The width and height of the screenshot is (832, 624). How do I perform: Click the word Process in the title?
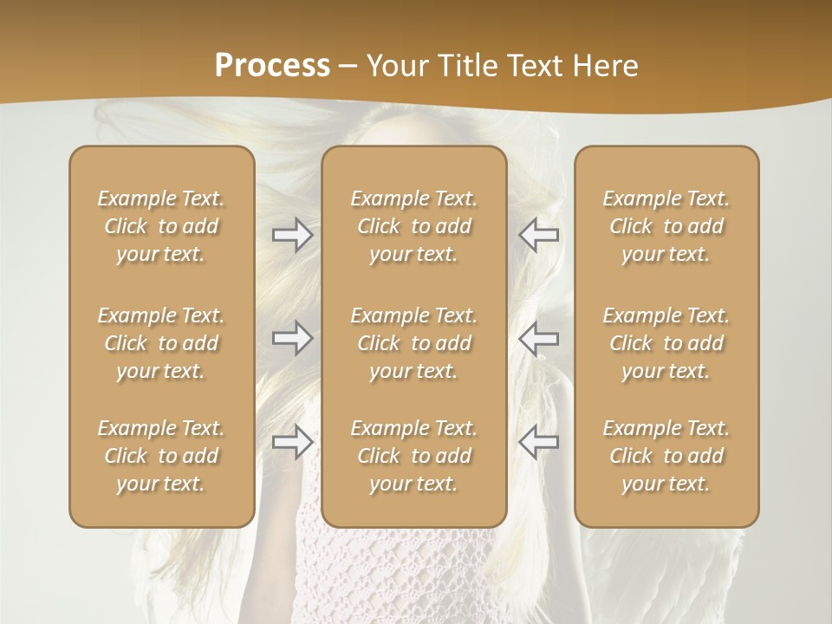(x=272, y=66)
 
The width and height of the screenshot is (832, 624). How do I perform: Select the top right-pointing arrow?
(x=292, y=235)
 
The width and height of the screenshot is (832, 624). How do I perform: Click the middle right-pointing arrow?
(x=292, y=338)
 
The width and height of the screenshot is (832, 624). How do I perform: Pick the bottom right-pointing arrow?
(x=292, y=442)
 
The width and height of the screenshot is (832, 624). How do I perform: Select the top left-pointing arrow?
(x=538, y=235)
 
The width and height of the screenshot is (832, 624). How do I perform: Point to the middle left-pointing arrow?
(x=538, y=338)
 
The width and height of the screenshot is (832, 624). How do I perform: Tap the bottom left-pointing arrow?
(x=538, y=442)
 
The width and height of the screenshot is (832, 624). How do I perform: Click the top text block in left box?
(x=161, y=226)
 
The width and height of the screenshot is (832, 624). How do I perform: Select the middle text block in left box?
(x=161, y=343)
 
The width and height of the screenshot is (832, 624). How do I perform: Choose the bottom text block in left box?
(x=161, y=456)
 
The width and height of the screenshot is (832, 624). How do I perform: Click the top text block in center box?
(x=414, y=226)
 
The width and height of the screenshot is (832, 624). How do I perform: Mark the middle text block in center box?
(x=414, y=343)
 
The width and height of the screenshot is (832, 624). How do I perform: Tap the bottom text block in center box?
(x=414, y=456)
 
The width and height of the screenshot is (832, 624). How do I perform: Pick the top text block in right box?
(x=666, y=226)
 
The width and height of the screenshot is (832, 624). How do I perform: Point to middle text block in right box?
(x=666, y=343)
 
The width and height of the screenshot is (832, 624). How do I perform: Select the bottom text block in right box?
(x=666, y=456)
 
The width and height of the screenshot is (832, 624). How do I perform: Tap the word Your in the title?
(x=395, y=66)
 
